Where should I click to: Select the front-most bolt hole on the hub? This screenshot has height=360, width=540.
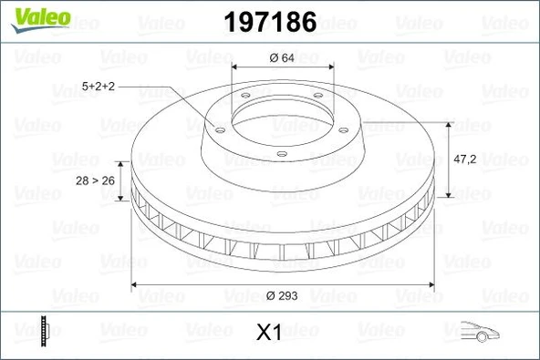[282, 152]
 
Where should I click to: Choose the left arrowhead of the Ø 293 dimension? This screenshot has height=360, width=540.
[138, 284]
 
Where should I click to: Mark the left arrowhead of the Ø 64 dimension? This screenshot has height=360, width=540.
[235, 69]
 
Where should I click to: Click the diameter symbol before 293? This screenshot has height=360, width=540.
[271, 296]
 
